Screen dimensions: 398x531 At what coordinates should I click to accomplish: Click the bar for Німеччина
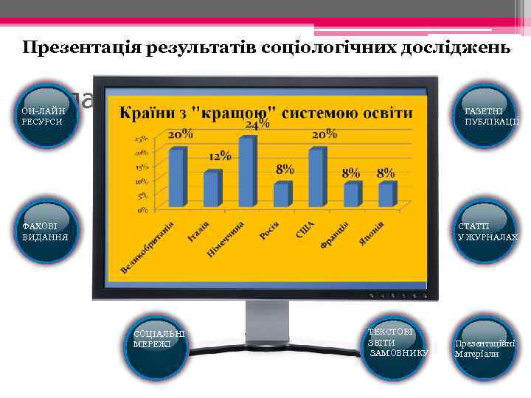coord(247,172)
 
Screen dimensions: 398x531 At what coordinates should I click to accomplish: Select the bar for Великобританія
coord(177,178)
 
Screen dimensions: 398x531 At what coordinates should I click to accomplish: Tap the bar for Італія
coord(212,189)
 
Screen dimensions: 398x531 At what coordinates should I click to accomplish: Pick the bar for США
coord(316,178)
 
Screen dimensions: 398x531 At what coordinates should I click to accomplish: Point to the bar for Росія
coord(282,195)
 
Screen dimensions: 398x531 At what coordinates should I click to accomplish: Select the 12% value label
coord(220,157)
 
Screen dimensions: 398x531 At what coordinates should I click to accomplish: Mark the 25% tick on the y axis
coord(139,139)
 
